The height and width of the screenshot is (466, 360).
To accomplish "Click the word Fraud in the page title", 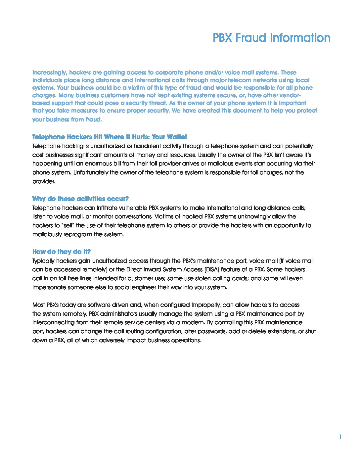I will pyautogui.click(x=251, y=38).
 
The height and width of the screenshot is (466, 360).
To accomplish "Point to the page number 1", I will pyautogui.click(x=340, y=437).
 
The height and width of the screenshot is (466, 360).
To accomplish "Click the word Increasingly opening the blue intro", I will pyautogui.click(x=49, y=72).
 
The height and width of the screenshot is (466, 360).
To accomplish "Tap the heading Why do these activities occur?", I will pyautogui.click(x=80, y=199).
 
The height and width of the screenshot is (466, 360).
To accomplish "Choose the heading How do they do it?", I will pyautogui.click(x=62, y=252).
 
